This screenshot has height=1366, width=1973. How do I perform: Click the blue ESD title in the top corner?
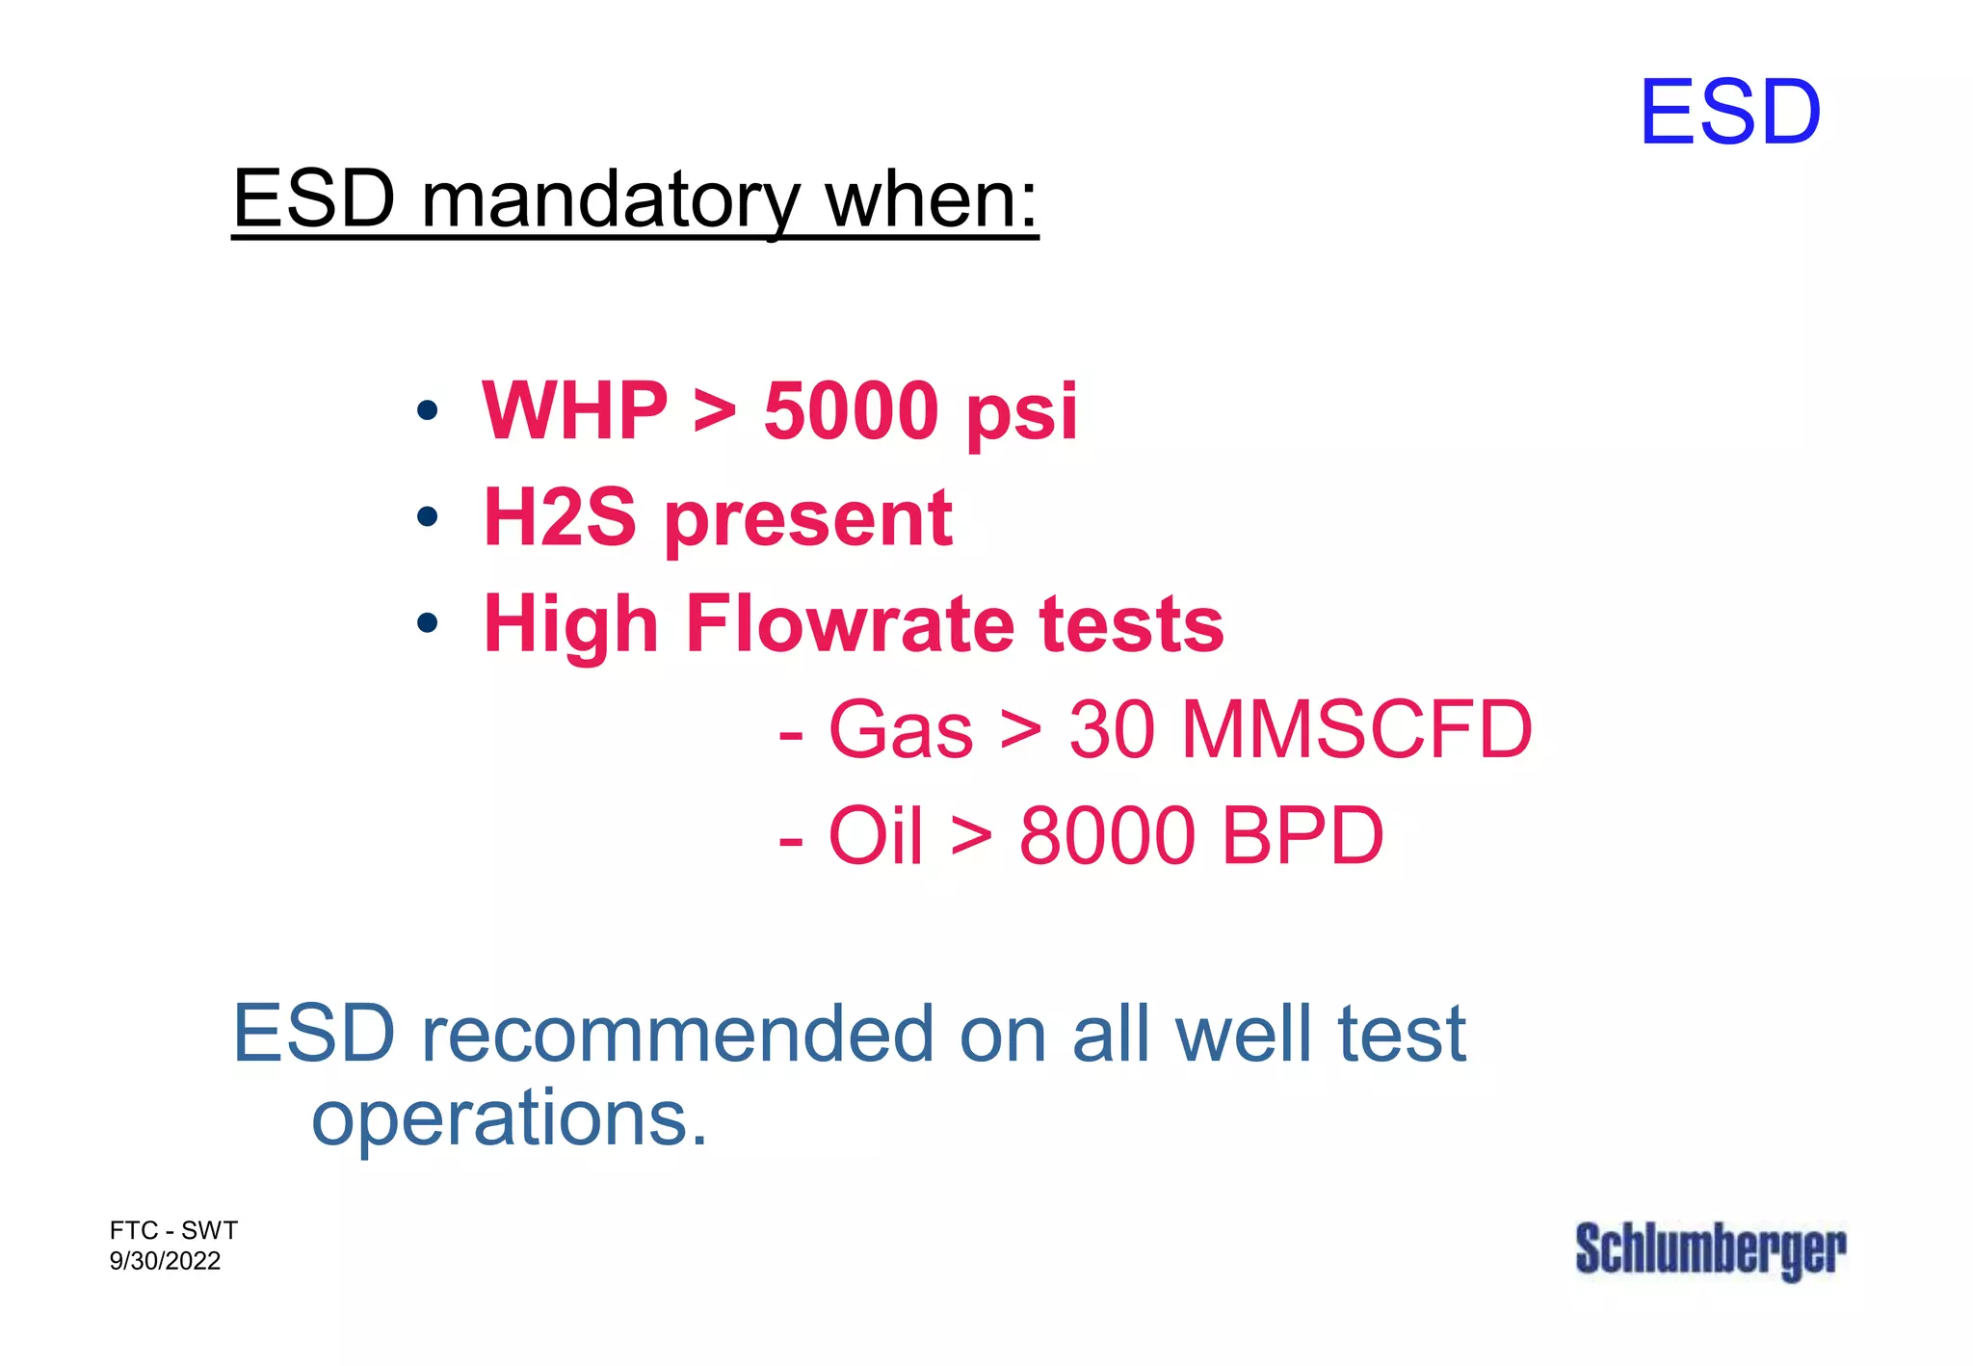click(x=1729, y=113)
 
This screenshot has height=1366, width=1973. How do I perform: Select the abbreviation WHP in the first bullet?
click(x=575, y=411)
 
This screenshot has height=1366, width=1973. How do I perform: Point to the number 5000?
click(x=852, y=411)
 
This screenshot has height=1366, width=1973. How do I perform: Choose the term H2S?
click(x=560, y=517)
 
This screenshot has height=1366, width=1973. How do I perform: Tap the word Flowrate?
click(x=850, y=623)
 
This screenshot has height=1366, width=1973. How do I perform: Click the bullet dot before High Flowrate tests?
click(x=427, y=623)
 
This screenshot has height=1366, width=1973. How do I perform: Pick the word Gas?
click(x=901, y=729)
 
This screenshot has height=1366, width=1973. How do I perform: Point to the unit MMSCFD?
click(x=1356, y=729)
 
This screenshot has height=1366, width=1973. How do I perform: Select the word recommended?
click(x=678, y=1035)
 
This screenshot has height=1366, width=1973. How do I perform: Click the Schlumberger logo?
click(x=1710, y=1249)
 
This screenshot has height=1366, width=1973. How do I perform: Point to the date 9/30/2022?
click(x=165, y=1261)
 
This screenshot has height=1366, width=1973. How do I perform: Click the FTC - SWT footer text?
click(x=173, y=1230)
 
